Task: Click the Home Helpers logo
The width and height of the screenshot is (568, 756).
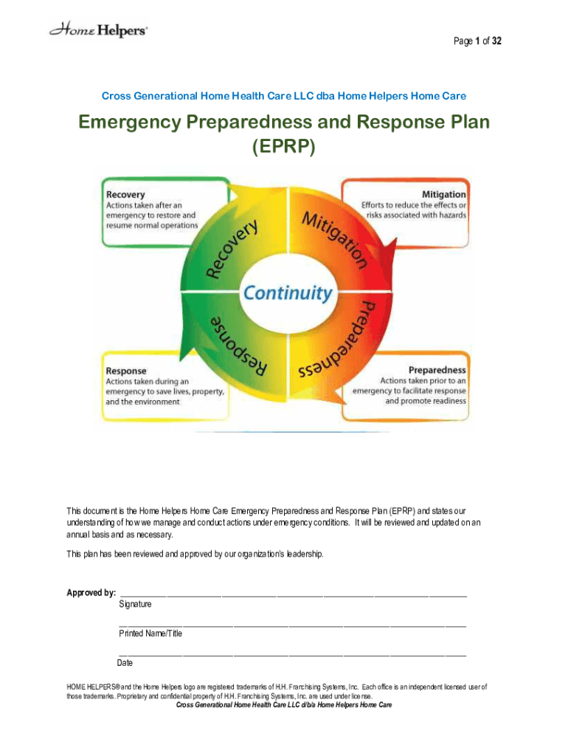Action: [x=98, y=30]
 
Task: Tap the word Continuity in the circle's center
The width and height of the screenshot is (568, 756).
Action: [x=288, y=293]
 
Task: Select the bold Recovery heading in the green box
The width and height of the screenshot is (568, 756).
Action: [x=125, y=194]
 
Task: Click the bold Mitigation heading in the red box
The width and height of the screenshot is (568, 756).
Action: [x=444, y=194]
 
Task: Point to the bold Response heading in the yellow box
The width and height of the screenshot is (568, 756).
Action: [x=126, y=371]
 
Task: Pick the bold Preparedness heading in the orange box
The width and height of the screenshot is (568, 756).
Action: [x=437, y=369]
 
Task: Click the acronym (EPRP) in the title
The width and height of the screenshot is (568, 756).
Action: [x=284, y=148]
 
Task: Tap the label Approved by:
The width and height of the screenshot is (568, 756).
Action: [x=91, y=593]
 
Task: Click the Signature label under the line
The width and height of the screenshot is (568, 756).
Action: [x=135, y=605]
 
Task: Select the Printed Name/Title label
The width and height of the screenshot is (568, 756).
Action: [x=150, y=633]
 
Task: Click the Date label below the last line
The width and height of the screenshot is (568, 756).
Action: [x=125, y=662]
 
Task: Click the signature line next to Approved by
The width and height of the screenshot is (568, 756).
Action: [x=293, y=594]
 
